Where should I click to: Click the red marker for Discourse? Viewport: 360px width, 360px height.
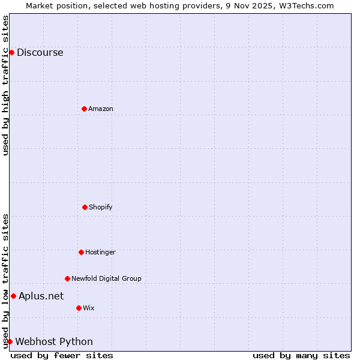pos(11,52)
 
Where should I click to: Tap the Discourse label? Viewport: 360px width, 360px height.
pos(40,52)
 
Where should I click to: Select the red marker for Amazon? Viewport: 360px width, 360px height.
pos(84,109)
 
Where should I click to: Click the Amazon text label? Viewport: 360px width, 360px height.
pos(101,109)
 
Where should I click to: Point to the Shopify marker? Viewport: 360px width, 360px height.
pos(85,207)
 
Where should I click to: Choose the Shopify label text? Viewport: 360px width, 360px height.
pos(101,207)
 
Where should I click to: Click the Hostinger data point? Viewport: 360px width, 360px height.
pos(81,252)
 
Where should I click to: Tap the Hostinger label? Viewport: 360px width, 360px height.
pos(100,252)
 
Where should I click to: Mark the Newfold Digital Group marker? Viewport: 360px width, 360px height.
pos(67,278)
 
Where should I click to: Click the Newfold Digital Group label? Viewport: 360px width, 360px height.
pos(106,278)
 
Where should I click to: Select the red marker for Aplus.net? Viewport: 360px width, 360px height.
pos(13,296)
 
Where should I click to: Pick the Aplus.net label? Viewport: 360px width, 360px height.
pos(41,296)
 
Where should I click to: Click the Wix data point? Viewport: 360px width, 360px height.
pos(79,308)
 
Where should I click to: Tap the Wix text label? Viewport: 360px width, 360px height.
pos(89,308)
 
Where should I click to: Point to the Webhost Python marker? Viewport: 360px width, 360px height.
pos(10,341)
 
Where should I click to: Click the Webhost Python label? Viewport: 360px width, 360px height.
pos(54,341)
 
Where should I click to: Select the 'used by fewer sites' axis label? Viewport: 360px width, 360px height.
pos(62,355)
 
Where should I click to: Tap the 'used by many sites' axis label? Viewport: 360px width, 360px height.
pos(301,355)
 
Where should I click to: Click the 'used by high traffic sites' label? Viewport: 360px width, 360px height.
pos(5,85)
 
